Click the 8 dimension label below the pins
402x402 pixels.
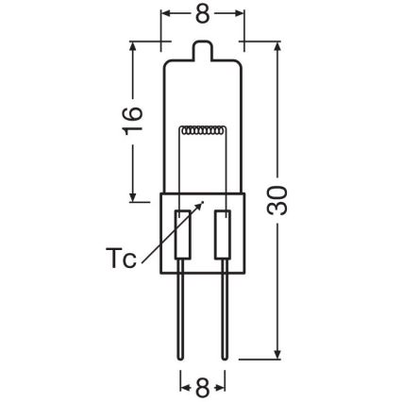coord(202,387)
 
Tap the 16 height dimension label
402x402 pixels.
coord(134,121)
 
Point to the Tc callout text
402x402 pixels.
coord(120,258)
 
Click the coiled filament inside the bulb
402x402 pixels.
coord(203,130)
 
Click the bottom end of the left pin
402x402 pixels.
coord(181,358)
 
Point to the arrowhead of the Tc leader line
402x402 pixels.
coord(202,202)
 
